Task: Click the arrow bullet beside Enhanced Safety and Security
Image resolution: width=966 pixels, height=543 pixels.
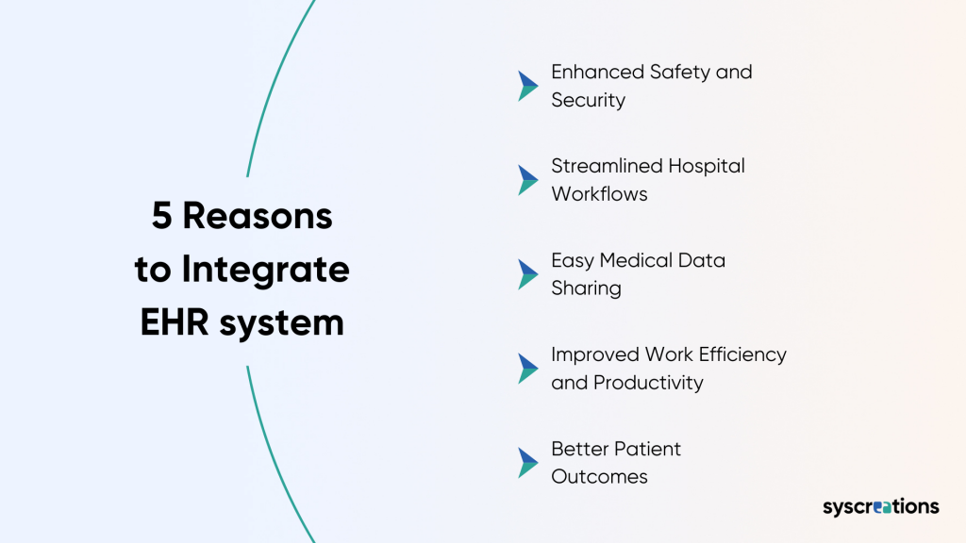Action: pos(527,86)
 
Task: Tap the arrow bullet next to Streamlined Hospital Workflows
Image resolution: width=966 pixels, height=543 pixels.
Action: pos(527,180)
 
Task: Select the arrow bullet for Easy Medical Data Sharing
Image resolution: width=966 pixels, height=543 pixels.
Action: pos(527,274)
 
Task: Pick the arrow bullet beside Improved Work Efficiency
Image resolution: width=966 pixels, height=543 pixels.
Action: pos(527,369)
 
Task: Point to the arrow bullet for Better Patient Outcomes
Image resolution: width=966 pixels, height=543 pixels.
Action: pos(527,463)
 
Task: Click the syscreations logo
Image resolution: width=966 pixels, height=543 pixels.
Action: pos(880,507)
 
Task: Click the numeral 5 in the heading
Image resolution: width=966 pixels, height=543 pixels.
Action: pos(162,217)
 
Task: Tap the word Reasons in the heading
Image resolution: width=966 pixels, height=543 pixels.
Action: pos(258,217)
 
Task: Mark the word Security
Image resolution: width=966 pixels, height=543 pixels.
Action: pos(588,100)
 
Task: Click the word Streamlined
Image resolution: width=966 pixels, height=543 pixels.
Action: pos(607,166)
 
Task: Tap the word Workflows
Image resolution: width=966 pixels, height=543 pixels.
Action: pos(599,194)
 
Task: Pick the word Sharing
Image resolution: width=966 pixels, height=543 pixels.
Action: pos(586,289)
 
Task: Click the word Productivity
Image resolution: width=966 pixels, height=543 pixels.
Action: pos(648,383)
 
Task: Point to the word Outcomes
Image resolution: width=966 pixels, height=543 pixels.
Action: pos(599,477)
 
